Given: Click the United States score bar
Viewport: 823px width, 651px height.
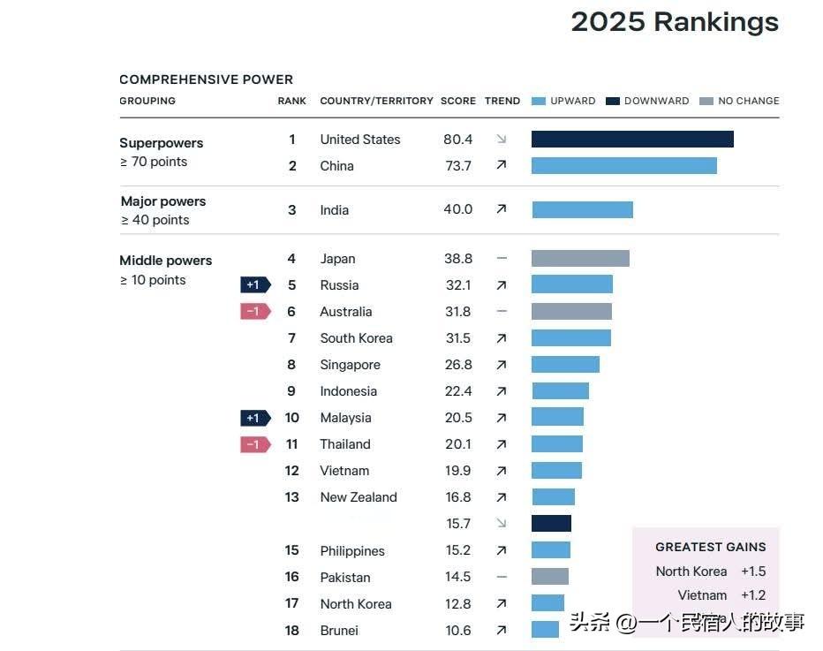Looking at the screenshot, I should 632,140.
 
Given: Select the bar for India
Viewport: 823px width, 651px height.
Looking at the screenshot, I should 582,209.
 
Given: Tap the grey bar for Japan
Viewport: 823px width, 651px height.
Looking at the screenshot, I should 580,259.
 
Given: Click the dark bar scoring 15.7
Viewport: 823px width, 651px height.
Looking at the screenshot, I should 551,524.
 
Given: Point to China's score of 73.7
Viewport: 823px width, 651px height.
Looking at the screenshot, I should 457,166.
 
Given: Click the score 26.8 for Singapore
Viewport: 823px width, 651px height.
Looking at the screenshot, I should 457,365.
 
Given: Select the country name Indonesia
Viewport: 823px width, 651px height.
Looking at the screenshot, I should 348,391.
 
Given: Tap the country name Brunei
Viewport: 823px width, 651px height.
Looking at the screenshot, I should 339,631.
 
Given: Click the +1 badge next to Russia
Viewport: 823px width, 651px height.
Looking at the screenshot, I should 254,285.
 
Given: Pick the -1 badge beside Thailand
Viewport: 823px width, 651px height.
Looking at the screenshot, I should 254,444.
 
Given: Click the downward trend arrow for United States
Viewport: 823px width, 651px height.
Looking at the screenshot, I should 502,140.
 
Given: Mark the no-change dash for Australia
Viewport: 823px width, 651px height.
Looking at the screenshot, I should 502,312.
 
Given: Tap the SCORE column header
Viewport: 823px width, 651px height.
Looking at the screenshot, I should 457,101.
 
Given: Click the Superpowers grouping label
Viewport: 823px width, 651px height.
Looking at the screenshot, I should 161,143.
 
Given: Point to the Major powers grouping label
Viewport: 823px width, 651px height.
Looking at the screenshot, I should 162,201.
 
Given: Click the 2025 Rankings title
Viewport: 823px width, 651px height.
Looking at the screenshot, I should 675,22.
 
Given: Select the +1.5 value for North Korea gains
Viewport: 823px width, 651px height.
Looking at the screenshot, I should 753,572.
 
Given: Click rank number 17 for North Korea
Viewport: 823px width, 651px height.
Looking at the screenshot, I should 291,604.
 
